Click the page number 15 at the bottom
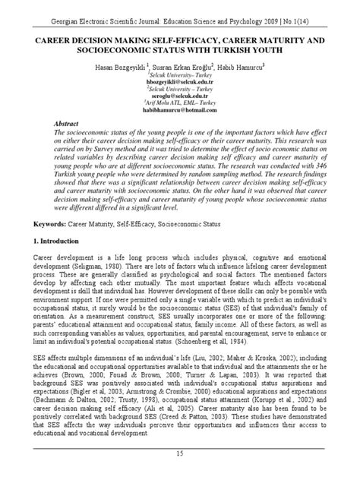click(180, 453)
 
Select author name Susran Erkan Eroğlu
click(180, 68)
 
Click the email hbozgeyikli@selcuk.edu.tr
click(180, 83)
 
